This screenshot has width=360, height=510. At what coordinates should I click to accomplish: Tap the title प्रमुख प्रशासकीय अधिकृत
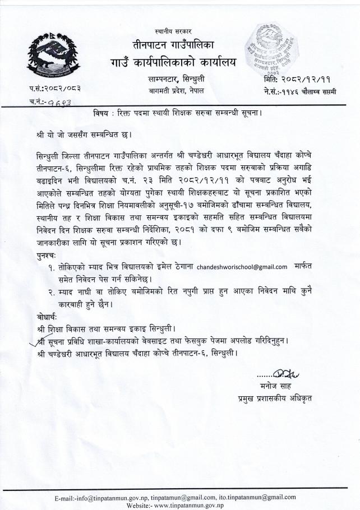[x=275, y=398]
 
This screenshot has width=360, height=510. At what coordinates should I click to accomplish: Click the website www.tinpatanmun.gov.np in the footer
[x=184, y=505]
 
